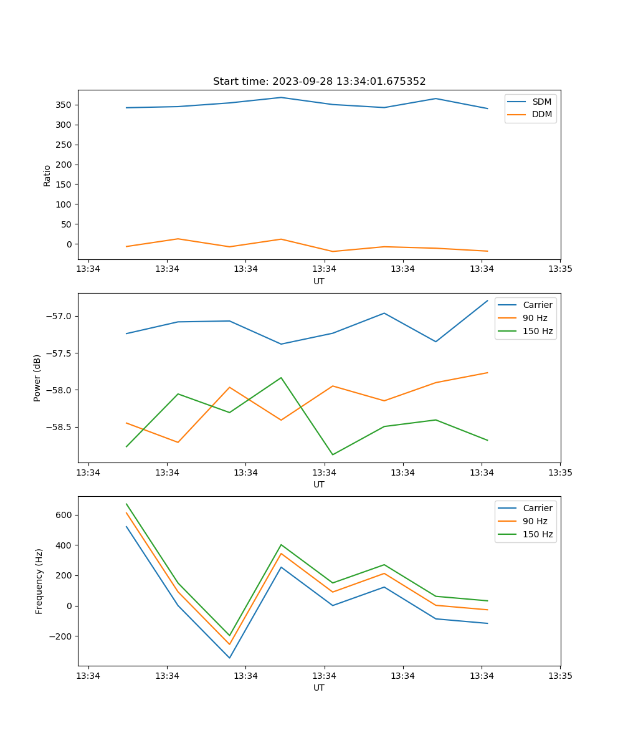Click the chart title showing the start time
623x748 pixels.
319,82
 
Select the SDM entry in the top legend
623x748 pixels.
541,102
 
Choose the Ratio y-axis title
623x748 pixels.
47,175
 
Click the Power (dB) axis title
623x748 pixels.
37,378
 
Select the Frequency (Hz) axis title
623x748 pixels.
39,581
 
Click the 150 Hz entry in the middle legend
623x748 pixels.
538,331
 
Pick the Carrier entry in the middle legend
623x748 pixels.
538,305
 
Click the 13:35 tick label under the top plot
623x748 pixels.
560,269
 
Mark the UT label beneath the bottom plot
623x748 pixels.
319,688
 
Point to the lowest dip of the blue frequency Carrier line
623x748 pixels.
229,658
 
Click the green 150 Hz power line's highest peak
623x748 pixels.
281,378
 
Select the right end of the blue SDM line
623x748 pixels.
488,108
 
